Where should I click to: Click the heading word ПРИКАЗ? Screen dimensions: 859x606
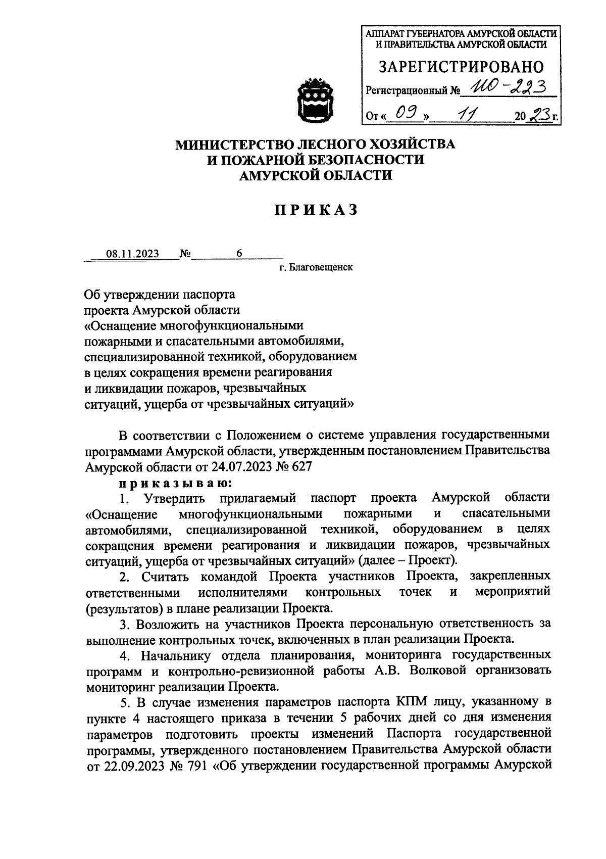(316, 210)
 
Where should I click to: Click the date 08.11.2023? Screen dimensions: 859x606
(132, 254)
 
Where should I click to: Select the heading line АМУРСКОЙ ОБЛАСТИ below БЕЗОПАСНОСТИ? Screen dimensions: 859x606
(316, 175)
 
